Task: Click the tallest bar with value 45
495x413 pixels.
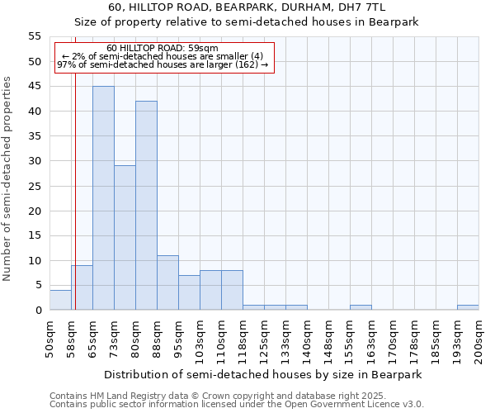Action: tap(103, 198)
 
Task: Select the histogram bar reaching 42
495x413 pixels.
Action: tap(146, 206)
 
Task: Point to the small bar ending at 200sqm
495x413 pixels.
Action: tap(468, 307)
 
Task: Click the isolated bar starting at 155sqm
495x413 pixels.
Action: tap(361, 307)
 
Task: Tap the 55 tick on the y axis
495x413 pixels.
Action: tap(35, 36)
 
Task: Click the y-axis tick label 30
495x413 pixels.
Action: tap(35, 161)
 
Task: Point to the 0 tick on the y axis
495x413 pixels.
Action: tap(38, 311)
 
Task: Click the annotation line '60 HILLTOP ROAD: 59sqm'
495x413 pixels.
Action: tap(163, 49)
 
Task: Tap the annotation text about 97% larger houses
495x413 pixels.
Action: tap(163, 64)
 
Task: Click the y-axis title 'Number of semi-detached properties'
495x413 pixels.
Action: tap(7, 178)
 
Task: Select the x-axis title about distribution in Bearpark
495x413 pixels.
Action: tap(263, 374)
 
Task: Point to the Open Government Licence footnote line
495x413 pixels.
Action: tap(236, 405)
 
